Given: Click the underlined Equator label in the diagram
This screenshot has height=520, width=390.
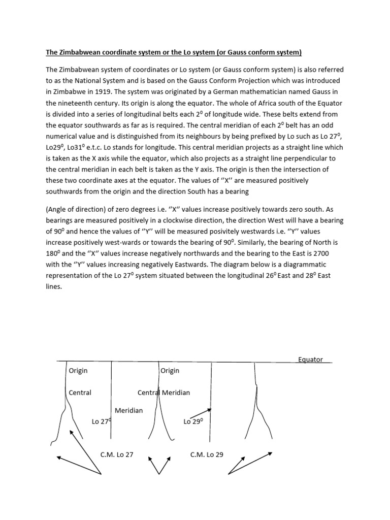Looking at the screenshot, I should (310, 360).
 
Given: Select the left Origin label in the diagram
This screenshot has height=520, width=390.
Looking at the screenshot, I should (78, 371).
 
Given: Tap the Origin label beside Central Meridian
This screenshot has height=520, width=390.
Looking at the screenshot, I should (170, 371).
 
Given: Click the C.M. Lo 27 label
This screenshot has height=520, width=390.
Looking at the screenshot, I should (117, 454).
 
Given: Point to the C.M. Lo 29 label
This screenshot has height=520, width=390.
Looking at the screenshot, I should (207, 454).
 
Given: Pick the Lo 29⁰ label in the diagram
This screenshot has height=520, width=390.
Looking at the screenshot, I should (193, 421).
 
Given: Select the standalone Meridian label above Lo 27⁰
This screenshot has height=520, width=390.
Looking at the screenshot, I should (128, 410).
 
